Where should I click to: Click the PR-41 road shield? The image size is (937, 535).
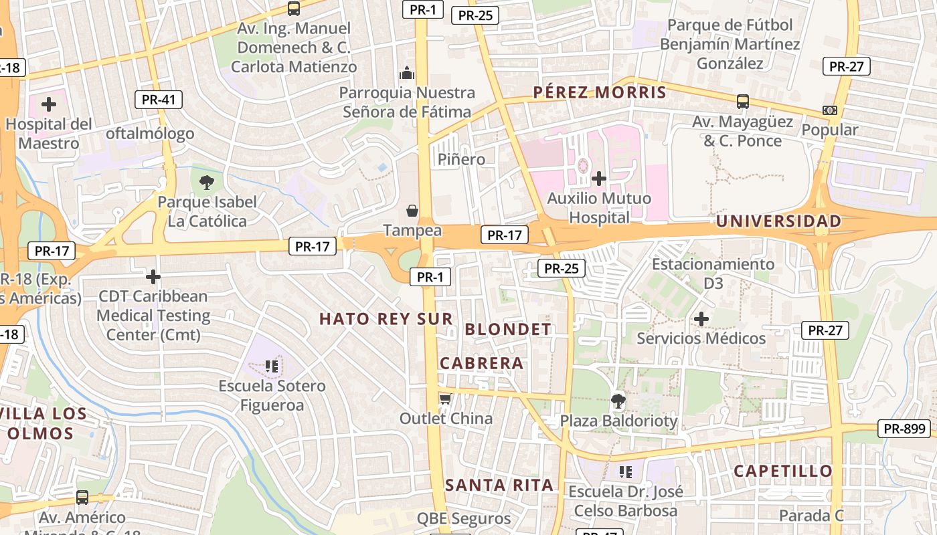(158, 100)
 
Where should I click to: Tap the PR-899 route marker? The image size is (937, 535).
(904, 429)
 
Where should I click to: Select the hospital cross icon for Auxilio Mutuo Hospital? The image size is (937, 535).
(599, 179)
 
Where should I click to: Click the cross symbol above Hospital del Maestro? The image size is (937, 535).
(49, 104)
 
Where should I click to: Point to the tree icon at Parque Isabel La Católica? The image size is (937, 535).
(207, 182)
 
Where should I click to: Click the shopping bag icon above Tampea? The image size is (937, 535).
(412, 211)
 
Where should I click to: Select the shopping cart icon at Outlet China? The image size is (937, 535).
(445, 399)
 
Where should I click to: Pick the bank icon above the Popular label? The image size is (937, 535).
(830, 110)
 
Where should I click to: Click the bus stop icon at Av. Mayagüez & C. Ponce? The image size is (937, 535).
(743, 102)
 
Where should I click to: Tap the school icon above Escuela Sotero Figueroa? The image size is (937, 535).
(271, 366)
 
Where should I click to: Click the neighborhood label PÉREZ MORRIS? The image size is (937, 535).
(600, 92)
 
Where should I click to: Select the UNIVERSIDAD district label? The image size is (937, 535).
(779, 221)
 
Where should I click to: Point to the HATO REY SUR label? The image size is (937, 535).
(386, 319)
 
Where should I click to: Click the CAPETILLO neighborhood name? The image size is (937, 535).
(783, 471)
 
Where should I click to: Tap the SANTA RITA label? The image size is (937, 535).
(499, 485)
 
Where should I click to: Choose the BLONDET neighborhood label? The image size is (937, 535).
(508, 329)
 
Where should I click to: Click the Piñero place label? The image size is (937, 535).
(461, 159)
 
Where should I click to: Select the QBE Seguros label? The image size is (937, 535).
(464, 518)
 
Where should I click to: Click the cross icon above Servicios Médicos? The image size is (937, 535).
(701, 319)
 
